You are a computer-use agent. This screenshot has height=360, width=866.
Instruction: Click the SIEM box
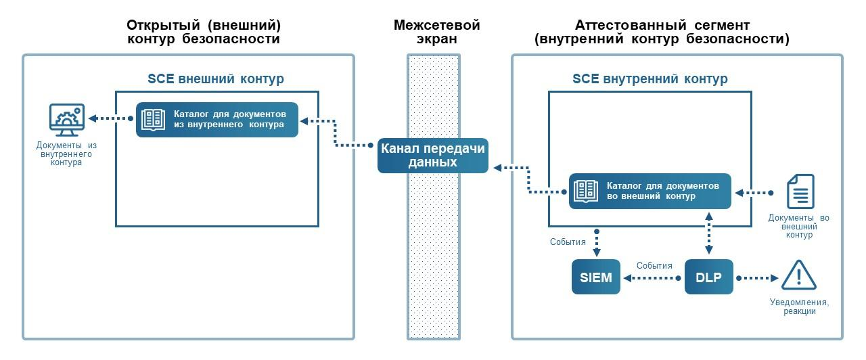click(x=596, y=277)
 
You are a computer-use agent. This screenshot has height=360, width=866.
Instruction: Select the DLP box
click(x=709, y=277)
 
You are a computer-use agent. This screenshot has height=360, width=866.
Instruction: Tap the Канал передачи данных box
click(x=432, y=156)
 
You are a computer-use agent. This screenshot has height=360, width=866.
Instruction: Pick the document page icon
click(x=800, y=192)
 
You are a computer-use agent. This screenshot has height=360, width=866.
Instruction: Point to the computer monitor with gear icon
click(x=66, y=120)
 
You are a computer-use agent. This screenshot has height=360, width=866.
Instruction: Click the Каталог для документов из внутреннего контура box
click(x=216, y=119)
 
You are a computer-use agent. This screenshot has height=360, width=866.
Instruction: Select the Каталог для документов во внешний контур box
click(x=649, y=192)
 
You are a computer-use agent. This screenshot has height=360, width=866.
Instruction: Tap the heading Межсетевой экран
click(x=436, y=32)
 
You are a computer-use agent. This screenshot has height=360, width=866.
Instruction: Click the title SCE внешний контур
click(x=216, y=78)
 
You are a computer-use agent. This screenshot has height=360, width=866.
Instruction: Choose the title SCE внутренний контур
click(x=650, y=78)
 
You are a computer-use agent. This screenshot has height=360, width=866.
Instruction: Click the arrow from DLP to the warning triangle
click(x=758, y=277)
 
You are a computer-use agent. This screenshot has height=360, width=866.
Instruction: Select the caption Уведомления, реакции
click(x=799, y=307)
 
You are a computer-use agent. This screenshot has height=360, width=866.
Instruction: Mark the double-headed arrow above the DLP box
click(x=709, y=232)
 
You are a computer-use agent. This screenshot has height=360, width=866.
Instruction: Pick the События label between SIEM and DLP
click(x=654, y=265)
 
